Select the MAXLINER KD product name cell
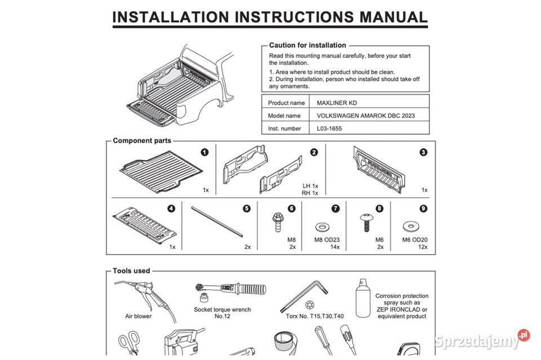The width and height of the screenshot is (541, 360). (337, 103)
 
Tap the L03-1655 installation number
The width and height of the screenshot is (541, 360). (329, 128)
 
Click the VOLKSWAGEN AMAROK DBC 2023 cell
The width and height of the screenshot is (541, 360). (366, 115)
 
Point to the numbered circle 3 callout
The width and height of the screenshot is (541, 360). (423, 152)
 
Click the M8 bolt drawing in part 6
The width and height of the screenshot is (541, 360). (277, 222)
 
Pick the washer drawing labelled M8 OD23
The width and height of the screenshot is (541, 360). (322, 227)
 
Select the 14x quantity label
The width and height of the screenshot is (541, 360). (335, 247)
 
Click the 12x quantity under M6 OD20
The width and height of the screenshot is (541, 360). (423, 247)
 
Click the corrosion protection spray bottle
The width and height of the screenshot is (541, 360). (363, 298)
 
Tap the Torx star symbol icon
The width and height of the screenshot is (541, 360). (309, 305)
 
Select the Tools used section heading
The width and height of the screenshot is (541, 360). (131, 270)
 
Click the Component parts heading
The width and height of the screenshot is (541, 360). (142, 140)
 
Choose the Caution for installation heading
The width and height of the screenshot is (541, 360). (308, 45)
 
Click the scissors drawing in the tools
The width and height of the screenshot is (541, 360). (129, 343)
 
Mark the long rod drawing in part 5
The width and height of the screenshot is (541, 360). (217, 222)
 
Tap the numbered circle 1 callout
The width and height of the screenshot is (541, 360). (205, 152)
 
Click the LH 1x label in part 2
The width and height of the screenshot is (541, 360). (310, 186)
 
